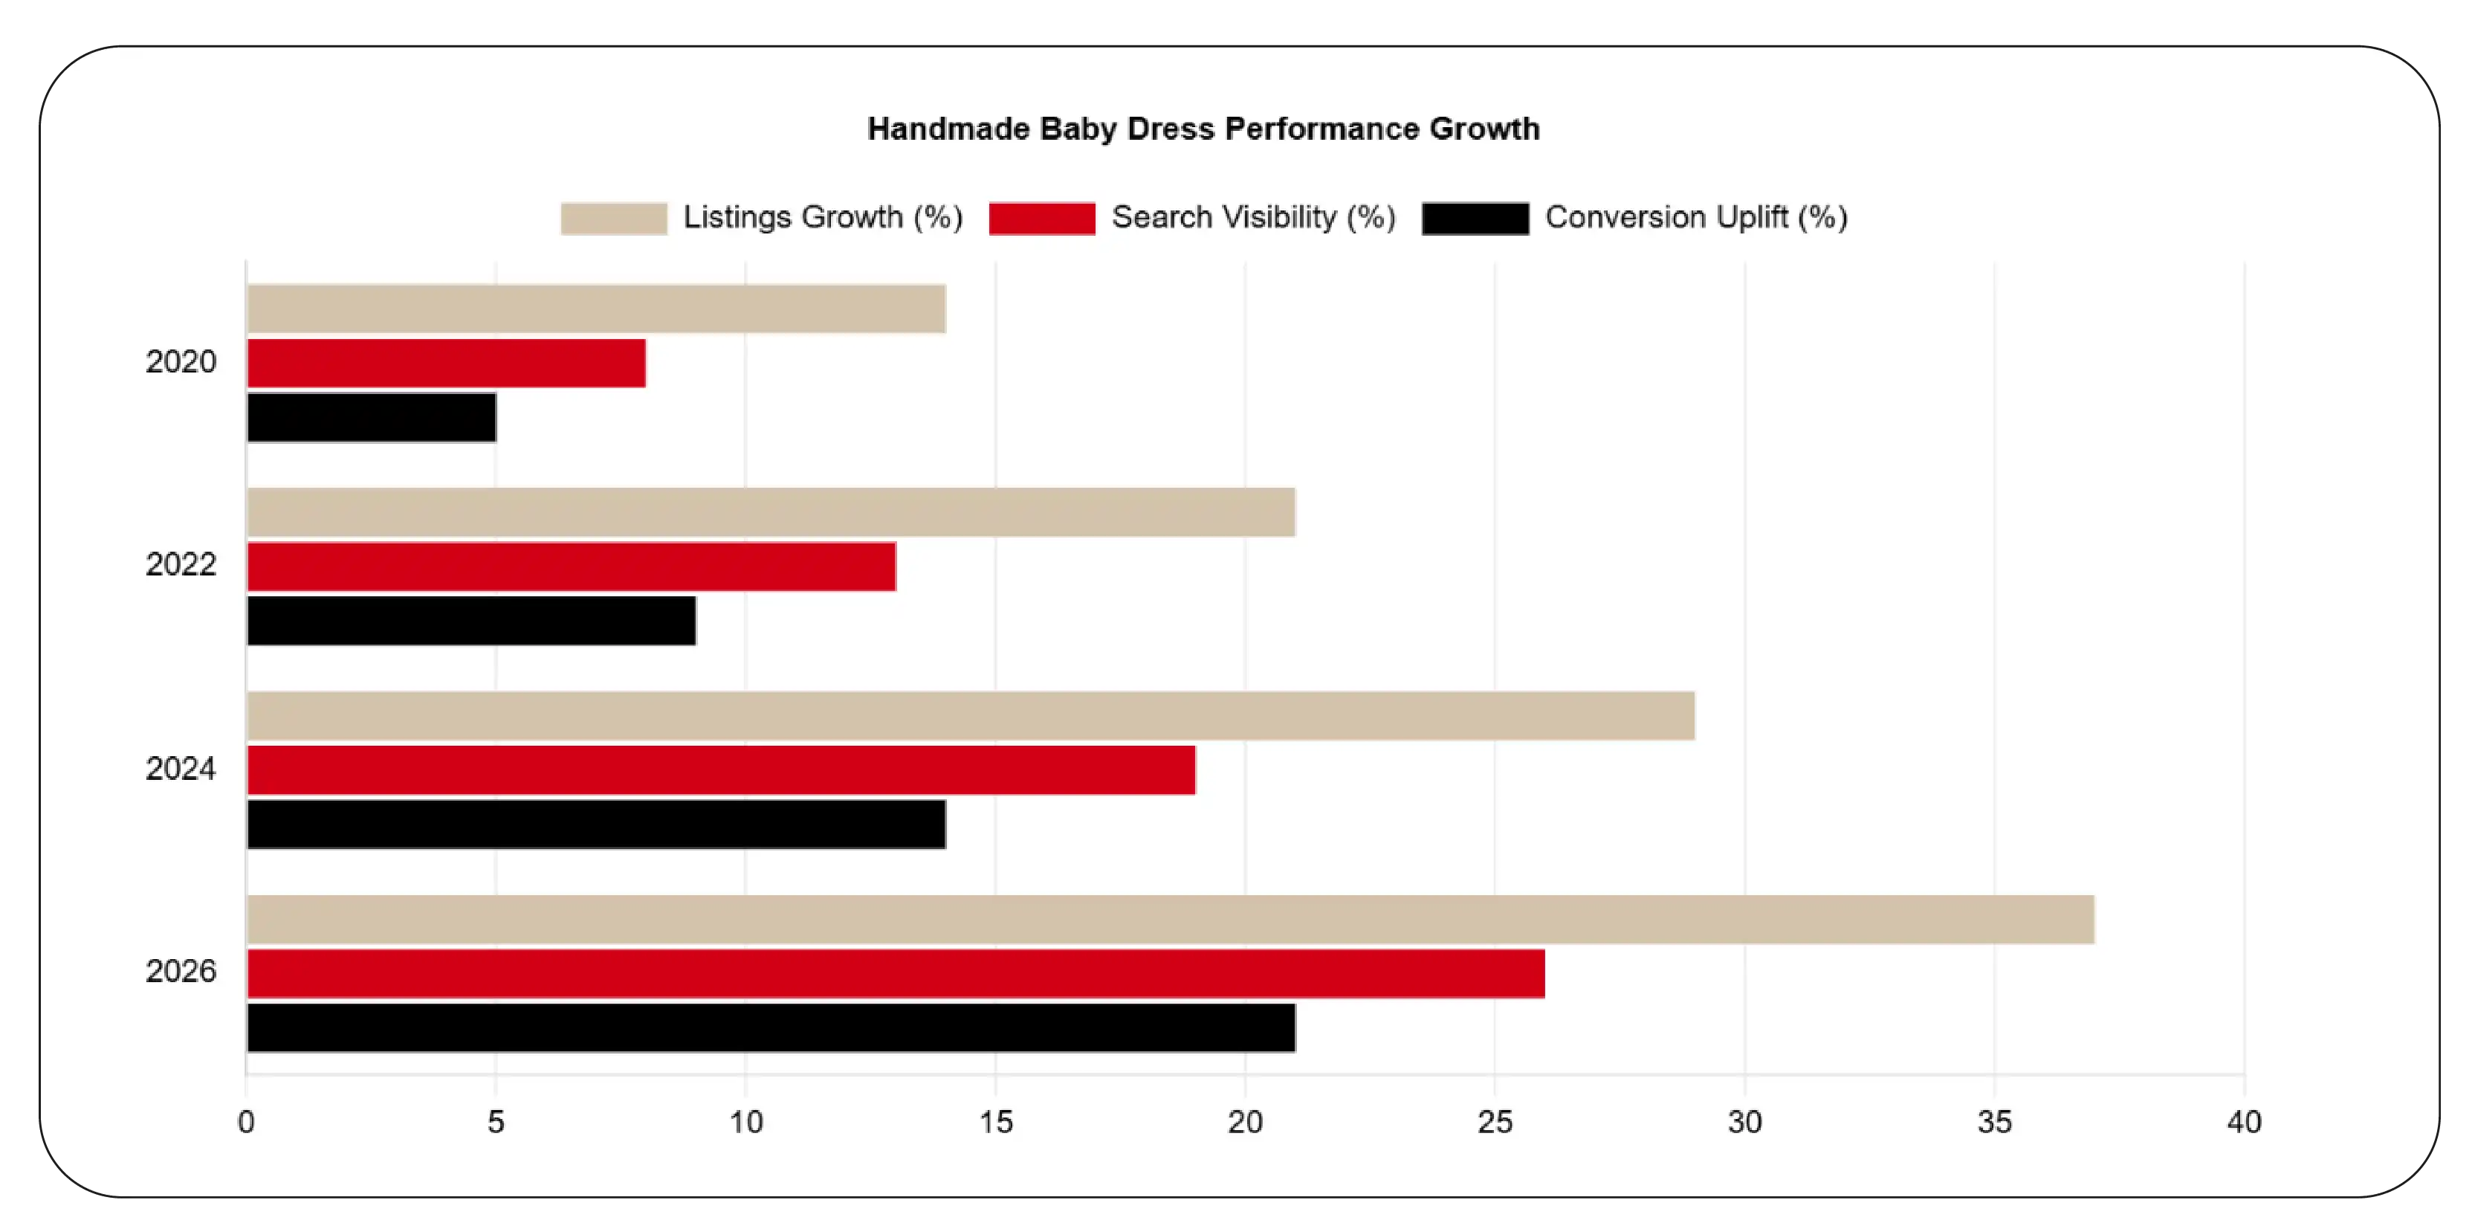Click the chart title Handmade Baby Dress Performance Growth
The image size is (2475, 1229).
tap(1203, 129)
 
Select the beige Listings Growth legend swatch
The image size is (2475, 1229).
tap(614, 218)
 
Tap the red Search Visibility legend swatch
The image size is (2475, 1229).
tap(1041, 218)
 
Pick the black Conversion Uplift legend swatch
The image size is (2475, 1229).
tap(1475, 218)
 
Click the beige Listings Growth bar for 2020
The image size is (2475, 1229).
tap(595, 309)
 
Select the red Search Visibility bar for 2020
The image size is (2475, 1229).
tap(446, 364)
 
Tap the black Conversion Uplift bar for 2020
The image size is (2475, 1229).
tap(371, 417)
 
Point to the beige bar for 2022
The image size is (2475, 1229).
tap(771, 512)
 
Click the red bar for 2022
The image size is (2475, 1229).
tap(571, 566)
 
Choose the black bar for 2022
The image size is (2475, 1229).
tap(470, 621)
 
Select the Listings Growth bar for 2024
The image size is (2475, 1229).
tap(971, 716)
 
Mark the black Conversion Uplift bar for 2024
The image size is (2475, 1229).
tap(595, 825)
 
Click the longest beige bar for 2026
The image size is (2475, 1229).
tap(1171, 920)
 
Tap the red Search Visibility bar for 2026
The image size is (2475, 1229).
tap(896, 973)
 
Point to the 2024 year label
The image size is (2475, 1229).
tap(181, 769)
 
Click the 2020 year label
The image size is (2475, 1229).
tap(181, 361)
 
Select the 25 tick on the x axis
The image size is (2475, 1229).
tap(1494, 1121)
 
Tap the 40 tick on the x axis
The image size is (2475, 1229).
tap(2243, 1121)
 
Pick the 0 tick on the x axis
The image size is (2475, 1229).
tap(246, 1121)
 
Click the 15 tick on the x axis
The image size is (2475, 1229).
tap(995, 1121)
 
